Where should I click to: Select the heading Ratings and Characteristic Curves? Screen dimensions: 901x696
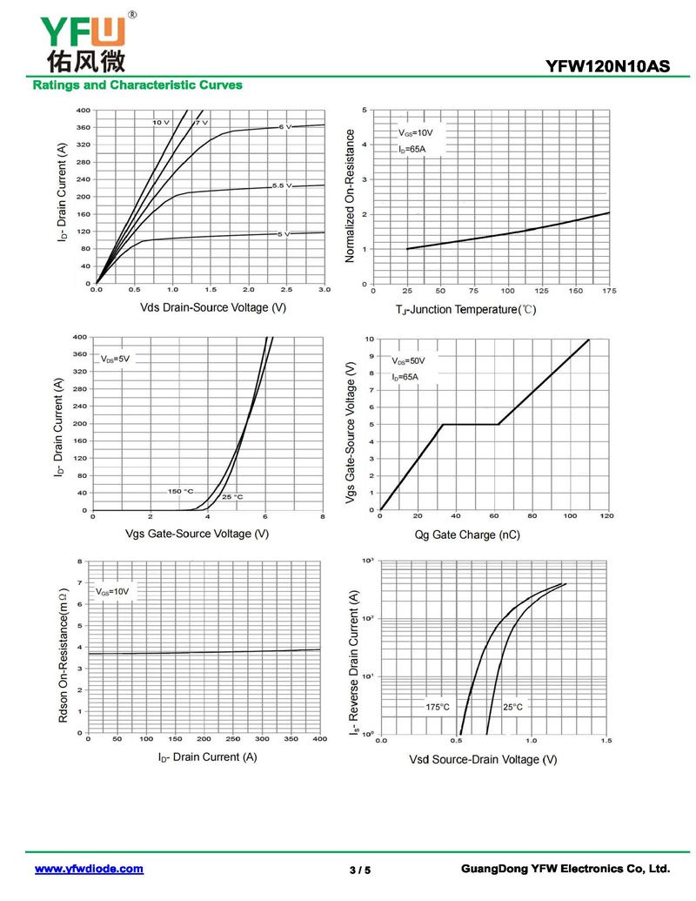(137, 85)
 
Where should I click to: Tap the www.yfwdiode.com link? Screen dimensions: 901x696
(89, 869)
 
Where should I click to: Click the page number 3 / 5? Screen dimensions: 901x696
(359, 870)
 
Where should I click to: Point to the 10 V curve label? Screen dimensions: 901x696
(161, 123)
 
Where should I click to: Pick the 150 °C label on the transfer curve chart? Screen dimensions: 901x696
(180, 491)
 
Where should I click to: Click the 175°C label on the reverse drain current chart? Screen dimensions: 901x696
(438, 706)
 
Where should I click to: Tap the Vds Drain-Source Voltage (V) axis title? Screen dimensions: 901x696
(212, 307)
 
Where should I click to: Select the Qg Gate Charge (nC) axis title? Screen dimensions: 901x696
(466, 535)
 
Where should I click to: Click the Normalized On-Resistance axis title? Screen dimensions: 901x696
(351, 196)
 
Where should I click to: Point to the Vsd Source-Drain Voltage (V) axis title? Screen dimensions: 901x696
(483, 760)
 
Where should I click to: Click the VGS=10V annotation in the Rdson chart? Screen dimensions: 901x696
(111, 592)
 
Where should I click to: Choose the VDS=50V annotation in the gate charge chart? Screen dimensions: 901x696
(408, 360)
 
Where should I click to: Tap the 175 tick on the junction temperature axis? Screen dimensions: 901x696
(607, 291)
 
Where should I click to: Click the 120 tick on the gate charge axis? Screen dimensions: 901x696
(606, 516)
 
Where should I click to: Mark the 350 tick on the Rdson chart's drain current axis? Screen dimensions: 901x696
(291, 739)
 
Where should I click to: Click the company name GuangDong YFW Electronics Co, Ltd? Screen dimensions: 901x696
(565, 869)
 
